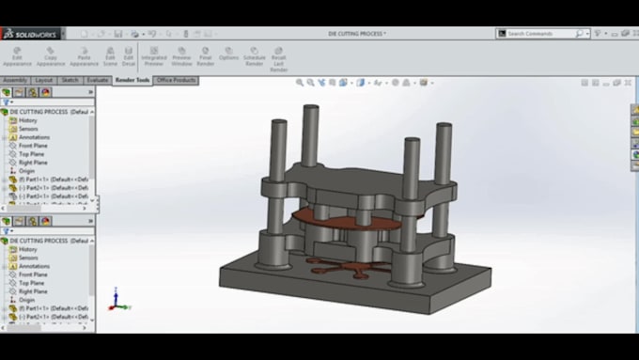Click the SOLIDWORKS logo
pos(31,34)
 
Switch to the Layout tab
pos(44,80)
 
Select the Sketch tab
pos(70,80)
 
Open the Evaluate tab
pos(98,80)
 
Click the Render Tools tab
pos(132,80)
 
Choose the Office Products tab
pos(176,80)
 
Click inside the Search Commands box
pos(540,34)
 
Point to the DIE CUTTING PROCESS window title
pos(356,34)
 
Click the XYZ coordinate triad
pos(115,302)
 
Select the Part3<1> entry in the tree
pos(52,196)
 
